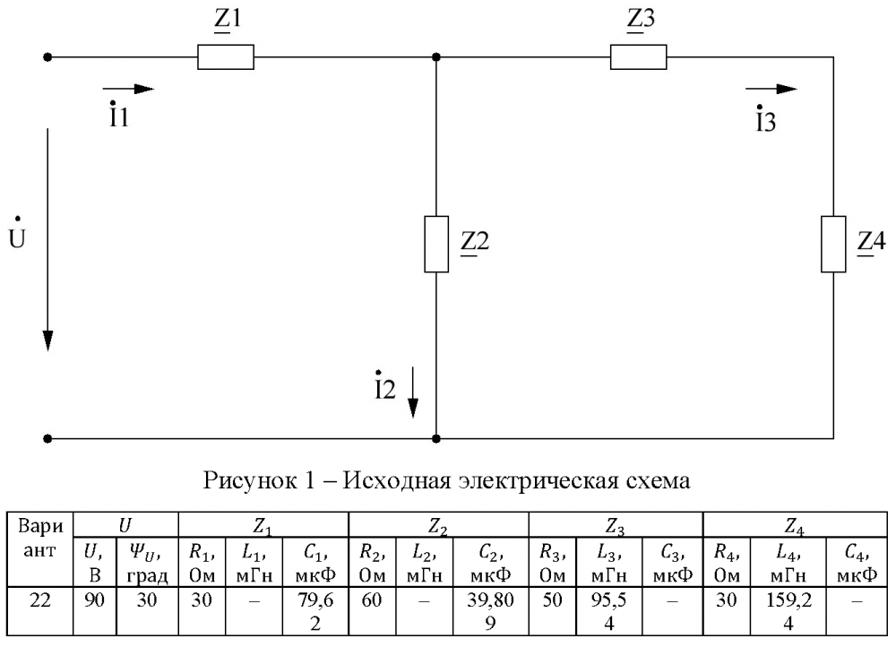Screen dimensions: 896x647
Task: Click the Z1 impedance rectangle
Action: click(x=226, y=57)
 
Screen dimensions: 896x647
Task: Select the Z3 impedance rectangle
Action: click(x=638, y=57)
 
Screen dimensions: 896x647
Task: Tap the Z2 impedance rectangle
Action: click(x=436, y=244)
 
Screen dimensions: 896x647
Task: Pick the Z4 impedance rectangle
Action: click(x=833, y=244)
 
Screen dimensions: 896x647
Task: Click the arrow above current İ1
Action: click(x=128, y=89)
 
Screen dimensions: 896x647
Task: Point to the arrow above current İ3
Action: click(x=771, y=89)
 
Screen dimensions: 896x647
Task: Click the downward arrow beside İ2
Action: click(x=412, y=393)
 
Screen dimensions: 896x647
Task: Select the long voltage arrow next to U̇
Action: click(x=48, y=239)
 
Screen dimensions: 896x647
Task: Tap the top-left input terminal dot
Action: click(x=48, y=57)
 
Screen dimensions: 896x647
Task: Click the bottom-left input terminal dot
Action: click(x=48, y=439)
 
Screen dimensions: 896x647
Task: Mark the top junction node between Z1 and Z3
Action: click(x=436, y=57)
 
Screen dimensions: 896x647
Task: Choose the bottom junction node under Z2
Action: click(x=436, y=439)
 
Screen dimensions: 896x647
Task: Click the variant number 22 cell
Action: click(x=40, y=610)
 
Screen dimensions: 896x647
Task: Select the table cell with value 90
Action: click(x=95, y=610)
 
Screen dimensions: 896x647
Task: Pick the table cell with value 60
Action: click(x=372, y=610)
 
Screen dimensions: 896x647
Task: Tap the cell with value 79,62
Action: click(x=315, y=610)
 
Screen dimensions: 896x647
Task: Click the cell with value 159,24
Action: click(x=788, y=610)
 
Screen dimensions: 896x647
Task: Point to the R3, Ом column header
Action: click(x=553, y=562)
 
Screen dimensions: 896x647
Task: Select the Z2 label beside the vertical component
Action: click(x=475, y=242)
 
